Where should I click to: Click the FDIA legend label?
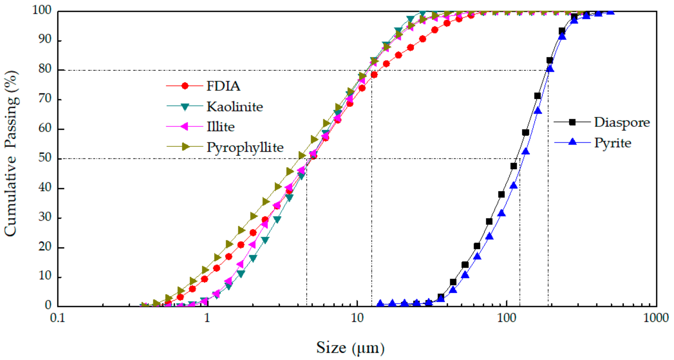click(223, 86)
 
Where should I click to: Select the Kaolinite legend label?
click(235, 107)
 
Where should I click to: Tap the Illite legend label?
click(221, 127)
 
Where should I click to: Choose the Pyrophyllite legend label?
click(245, 147)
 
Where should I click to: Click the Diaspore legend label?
click(622, 122)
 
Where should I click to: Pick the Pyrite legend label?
click(613, 143)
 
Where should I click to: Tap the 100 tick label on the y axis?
click(42, 10)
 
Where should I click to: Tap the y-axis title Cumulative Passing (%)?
click(11, 153)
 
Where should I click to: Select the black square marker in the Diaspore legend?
click(572, 122)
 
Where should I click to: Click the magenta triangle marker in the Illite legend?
click(184, 126)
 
